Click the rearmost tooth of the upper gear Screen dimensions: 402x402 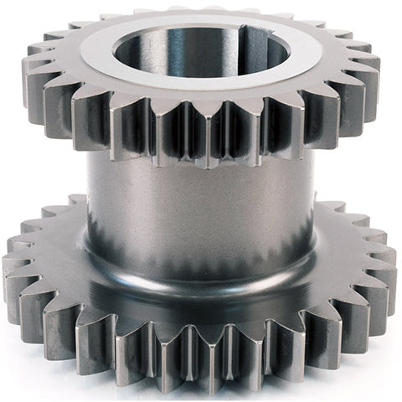click(201, 12)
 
